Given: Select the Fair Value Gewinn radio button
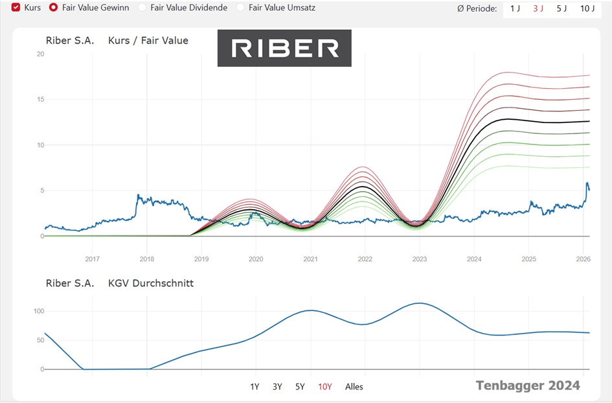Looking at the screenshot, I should [53, 8].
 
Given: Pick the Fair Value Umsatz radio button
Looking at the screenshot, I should [241, 8].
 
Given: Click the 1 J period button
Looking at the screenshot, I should [515, 9].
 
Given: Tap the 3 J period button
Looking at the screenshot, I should [538, 9].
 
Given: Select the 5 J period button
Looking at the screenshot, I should [562, 9].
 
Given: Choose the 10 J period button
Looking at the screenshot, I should [587, 9].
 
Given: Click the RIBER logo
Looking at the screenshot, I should [284, 48].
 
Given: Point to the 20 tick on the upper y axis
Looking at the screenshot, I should [40, 54].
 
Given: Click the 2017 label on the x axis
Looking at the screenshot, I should [93, 259].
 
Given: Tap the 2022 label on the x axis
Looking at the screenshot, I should [365, 259].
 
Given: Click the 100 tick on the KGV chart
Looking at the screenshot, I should [38, 311].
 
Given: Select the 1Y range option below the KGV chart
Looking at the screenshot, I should [255, 387].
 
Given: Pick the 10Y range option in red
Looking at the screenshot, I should [324, 387].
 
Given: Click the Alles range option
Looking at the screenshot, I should [354, 387].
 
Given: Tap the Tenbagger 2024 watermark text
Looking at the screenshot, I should [528, 386].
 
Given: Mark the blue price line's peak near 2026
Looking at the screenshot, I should [587, 183].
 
